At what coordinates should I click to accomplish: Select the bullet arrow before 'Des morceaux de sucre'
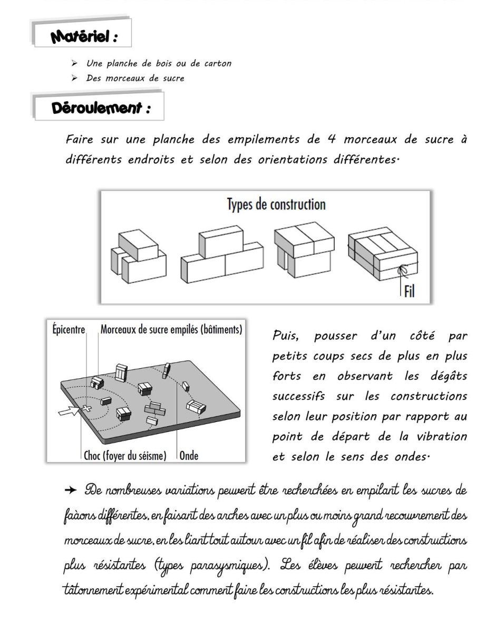coord(75,79)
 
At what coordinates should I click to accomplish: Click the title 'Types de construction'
coord(276,204)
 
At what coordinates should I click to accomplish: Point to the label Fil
coord(409,291)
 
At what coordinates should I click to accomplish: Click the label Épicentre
coord(69,330)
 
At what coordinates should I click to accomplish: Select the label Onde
coord(189,455)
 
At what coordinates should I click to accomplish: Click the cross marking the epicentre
coord(84,408)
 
